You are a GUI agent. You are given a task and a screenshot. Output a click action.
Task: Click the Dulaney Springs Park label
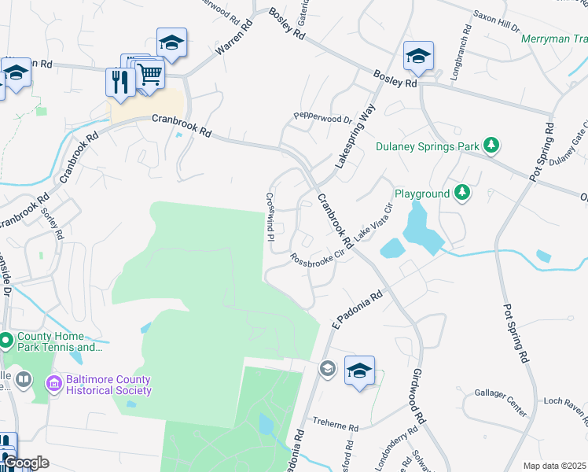pos(427,146)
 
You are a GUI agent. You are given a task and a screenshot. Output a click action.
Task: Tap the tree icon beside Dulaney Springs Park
pos(491,145)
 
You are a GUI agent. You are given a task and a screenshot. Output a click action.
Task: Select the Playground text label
pos(421,194)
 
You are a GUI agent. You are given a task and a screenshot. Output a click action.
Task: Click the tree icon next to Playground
pos(463,193)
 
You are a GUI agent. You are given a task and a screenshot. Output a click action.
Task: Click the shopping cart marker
pos(149,76)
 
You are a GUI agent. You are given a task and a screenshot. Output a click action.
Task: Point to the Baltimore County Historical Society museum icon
pos(54,383)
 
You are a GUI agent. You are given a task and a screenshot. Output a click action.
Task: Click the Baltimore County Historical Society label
pos(108,384)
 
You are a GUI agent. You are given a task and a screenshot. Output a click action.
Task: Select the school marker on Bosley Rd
pos(418,57)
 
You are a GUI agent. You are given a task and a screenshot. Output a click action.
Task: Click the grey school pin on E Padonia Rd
pos(327,367)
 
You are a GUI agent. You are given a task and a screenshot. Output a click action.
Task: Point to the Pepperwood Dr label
pos(322,118)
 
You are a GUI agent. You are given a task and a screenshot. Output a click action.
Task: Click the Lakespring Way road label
pos(353,136)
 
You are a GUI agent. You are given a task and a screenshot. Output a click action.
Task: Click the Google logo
pos(26,463)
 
